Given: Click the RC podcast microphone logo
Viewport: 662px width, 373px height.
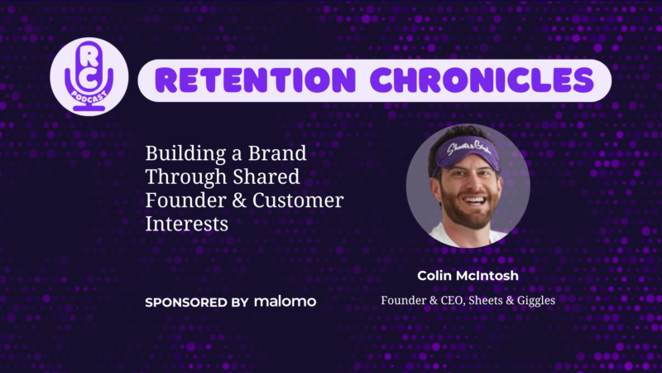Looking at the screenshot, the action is (89, 76).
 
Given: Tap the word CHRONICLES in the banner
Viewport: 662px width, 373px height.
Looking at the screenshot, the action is (482, 80).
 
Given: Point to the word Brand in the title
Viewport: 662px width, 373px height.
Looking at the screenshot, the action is (277, 153).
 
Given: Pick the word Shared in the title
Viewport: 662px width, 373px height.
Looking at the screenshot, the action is (266, 177).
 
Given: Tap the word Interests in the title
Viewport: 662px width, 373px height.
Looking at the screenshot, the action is (187, 224).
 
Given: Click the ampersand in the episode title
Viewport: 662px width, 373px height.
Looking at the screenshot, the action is (239, 201).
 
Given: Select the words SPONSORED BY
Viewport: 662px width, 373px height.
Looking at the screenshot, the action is (197, 303).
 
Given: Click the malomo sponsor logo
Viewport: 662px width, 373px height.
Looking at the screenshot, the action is (285, 302).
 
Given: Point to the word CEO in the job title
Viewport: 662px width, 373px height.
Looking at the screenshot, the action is (453, 300).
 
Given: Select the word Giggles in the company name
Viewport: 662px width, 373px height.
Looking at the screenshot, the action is (536, 301).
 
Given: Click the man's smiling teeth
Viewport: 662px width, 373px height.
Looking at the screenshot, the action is (474, 200).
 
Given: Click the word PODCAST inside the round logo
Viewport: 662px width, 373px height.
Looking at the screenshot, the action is (89, 98).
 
